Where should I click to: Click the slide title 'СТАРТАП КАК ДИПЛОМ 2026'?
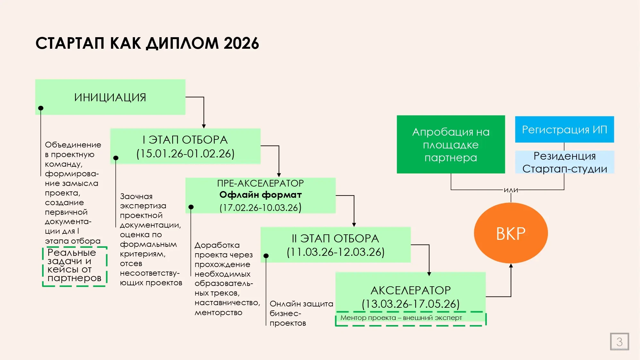[147, 43]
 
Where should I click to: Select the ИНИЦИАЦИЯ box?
[110, 97]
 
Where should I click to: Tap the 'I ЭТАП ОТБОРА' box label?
[185, 140]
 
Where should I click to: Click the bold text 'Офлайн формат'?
[260, 195]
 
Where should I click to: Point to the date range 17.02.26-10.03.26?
[260, 208]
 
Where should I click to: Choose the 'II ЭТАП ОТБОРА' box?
[335, 245]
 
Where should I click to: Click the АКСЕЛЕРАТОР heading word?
[410, 290]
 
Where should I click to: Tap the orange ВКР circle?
[511, 233]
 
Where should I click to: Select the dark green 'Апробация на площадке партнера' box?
[451, 145]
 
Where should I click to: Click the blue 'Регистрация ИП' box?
[564, 130]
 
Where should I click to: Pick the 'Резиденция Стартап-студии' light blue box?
[564, 162]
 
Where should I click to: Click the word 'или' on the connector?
[511, 190]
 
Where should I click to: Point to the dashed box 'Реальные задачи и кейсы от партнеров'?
[74, 266]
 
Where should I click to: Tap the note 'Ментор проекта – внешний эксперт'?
[401, 318]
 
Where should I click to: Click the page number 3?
[619, 342]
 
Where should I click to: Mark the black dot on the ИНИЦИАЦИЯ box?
[41, 108]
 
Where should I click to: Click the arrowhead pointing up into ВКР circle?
[511, 265]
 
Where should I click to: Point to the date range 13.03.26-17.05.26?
[410, 304]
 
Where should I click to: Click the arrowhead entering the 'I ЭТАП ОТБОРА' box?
[204, 126]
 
